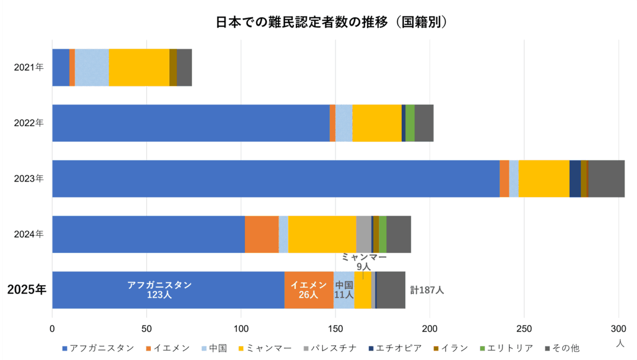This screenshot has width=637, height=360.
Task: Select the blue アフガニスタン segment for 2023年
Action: pyautogui.click(x=276, y=178)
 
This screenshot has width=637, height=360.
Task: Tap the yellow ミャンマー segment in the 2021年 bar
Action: pyautogui.click(x=139, y=67)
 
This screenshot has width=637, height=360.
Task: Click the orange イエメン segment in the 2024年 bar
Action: pyautogui.click(x=261, y=234)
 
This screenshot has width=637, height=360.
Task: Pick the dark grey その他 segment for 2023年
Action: pyautogui.click(x=606, y=178)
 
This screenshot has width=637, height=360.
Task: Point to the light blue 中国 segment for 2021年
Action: pyautogui.click(x=92, y=67)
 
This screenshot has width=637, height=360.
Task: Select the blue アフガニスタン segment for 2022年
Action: pyautogui.click(x=191, y=123)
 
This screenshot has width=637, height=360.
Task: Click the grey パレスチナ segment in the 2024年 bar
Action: pyautogui.click(x=363, y=234)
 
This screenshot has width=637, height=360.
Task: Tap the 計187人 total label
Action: pyautogui.click(x=427, y=290)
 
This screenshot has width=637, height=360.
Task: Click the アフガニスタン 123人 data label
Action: pyautogui.click(x=159, y=290)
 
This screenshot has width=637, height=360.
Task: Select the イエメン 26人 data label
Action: pyautogui.click(x=308, y=290)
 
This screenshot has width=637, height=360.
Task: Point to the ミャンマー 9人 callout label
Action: pyautogui.click(x=364, y=262)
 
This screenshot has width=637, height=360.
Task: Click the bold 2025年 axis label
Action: pyautogui.click(x=27, y=290)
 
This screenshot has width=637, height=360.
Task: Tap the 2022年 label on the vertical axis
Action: pyautogui.click(x=29, y=123)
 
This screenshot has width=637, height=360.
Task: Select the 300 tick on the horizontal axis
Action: pyautogui.click(x=618, y=328)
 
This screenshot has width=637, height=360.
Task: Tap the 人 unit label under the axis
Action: pyautogui.click(x=620, y=344)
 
